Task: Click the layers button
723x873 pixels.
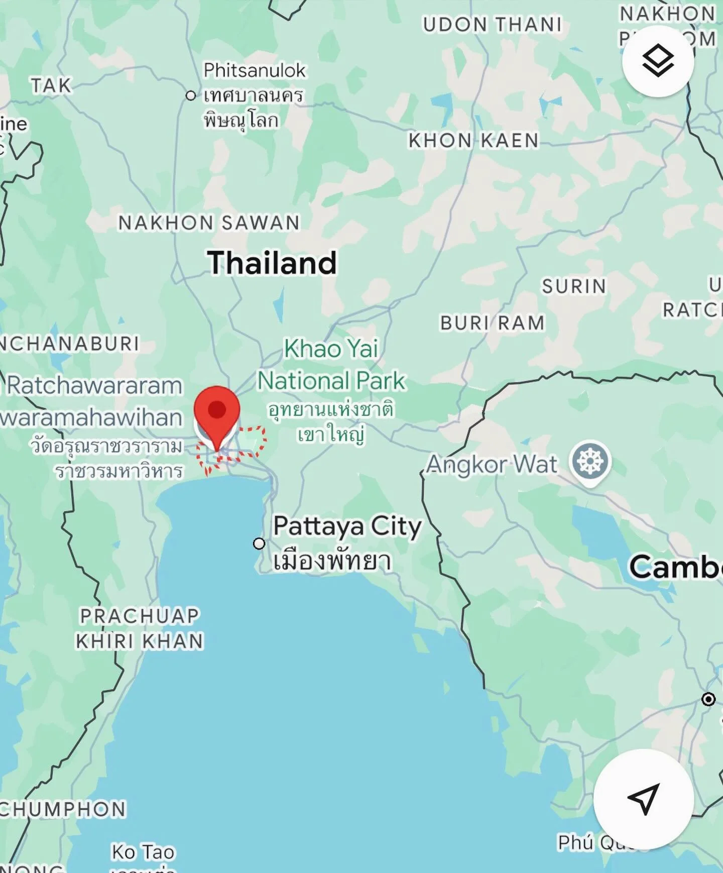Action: click(x=658, y=61)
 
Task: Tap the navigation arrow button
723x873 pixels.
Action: click(x=643, y=799)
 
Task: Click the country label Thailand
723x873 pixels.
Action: click(x=272, y=263)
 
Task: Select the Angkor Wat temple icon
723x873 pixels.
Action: click(x=590, y=461)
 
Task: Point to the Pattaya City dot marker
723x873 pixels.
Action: click(x=259, y=543)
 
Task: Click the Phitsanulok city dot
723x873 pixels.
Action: click(x=191, y=95)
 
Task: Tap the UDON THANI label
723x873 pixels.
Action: click(x=492, y=24)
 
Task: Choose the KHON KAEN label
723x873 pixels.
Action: click(x=473, y=141)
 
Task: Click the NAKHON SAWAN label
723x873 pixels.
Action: click(x=209, y=223)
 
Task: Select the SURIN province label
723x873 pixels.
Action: click(x=574, y=286)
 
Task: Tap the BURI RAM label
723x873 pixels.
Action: click(x=492, y=323)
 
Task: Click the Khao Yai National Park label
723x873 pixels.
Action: click(x=331, y=365)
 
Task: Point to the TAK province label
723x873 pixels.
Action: click(x=51, y=85)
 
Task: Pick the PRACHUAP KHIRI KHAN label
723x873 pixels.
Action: click(x=140, y=628)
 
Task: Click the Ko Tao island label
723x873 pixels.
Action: click(x=143, y=852)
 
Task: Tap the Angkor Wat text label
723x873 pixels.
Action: click(x=492, y=465)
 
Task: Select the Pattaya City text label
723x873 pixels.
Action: click(x=347, y=527)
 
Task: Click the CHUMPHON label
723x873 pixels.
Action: click(x=63, y=810)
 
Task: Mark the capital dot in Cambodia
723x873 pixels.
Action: click(x=708, y=699)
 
